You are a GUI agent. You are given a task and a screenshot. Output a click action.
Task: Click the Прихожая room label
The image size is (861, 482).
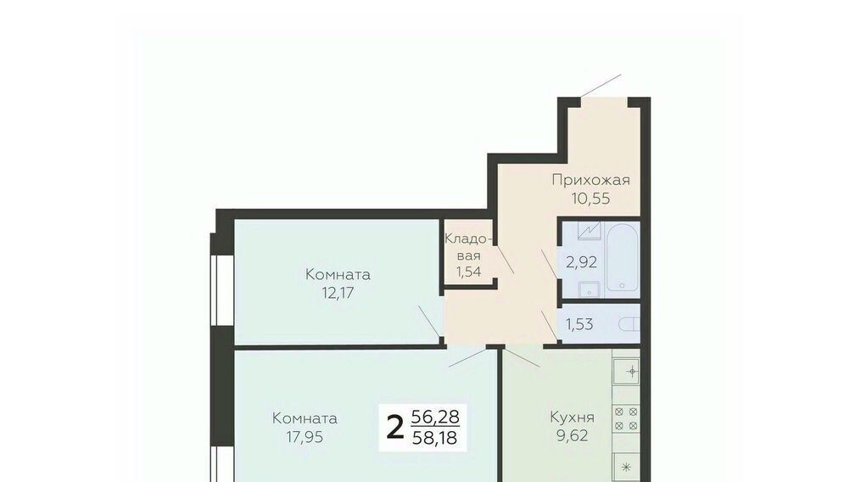pyautogui.click(x=591, y=180)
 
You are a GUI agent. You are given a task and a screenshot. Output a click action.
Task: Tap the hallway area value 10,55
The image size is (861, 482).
pyautogui.click(x=591, y=199)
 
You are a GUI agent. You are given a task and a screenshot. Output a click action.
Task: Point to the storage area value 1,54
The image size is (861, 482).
pyautogui.click(x=468, y=271)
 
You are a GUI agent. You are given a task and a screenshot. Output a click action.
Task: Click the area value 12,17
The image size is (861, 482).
pyautogui.click(x=338, y=293)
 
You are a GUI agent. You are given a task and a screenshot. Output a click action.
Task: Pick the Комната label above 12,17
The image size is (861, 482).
pyautogui.click(x=338, y=274)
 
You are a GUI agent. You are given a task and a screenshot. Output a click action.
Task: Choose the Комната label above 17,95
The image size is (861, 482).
pyautogui.click(x=305, y=418)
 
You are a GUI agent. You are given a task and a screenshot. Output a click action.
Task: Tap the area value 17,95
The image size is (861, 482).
pyautogui.click(x=305, y=437)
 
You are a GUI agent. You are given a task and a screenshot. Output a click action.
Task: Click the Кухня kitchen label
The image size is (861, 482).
pyautogui.click(x=573, y=418)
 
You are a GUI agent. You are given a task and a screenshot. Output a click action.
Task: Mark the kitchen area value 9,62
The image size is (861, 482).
pyautogui.click(x=573, y=436)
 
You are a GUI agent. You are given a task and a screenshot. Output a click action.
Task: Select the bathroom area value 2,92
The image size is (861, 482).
pyautogui.click(x=581, y=262)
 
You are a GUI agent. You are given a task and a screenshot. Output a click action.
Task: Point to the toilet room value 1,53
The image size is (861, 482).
pyautogui.click(x=579, y=324)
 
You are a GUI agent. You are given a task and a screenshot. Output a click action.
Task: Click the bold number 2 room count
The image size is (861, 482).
pyautogui.click(x=394, y=428)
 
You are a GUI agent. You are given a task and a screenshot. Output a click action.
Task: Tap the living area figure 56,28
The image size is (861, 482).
pyautogui.click(x=435, y=417)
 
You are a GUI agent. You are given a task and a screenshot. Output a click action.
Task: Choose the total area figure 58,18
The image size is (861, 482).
pyautogui.click(x=434, y=438)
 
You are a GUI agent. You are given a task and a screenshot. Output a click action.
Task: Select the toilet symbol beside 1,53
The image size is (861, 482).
pyautogui.click(x=629, y=325)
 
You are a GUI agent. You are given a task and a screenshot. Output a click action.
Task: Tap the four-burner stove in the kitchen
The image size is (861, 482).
pyautogui.click(x=626, y=418)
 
